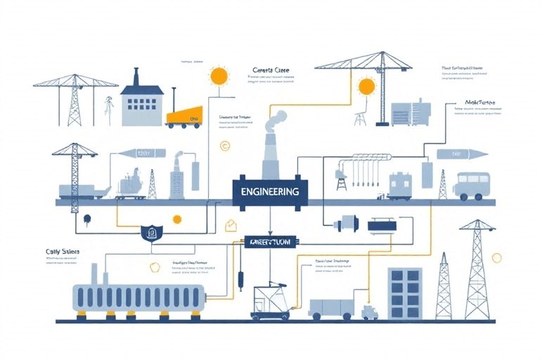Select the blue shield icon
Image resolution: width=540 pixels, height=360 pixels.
pos(148,232)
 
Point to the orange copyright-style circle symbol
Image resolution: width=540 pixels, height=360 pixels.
pos(224,146)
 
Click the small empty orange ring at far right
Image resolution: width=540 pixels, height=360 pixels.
pos(498,258)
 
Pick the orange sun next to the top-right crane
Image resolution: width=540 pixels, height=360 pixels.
pos(366,86)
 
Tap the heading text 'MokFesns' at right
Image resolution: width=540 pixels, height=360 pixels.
pos(481,102)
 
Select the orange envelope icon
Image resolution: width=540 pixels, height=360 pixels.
pos(230,225)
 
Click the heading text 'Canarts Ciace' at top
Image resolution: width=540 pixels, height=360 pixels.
pos(270,70)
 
